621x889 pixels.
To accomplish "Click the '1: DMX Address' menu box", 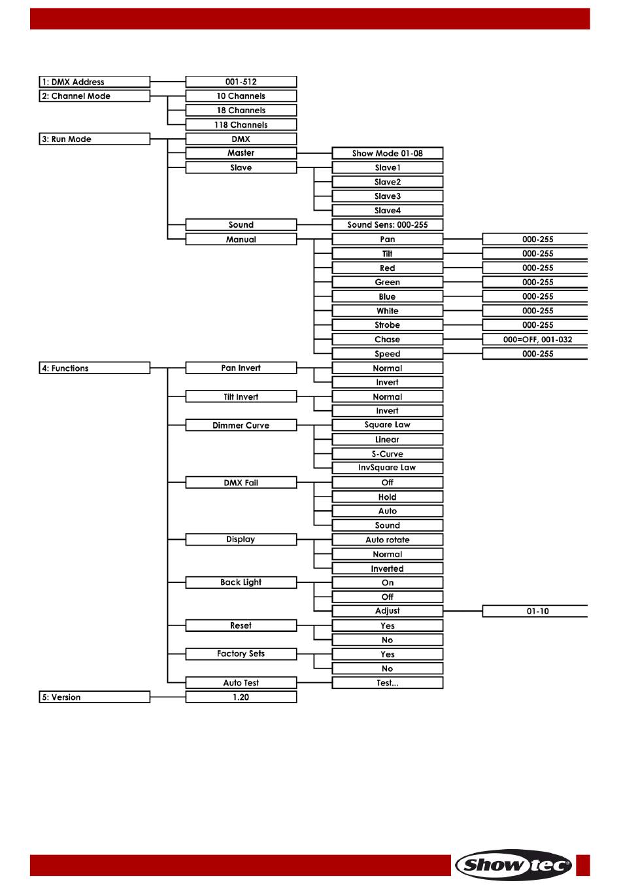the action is click(94, 82).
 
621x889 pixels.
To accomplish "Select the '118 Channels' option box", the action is click(241, 125).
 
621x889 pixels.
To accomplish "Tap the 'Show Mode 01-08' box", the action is click(388, 153).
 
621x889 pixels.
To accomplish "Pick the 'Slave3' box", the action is click(388, 196).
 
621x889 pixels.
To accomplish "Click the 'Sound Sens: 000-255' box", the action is click(388, 224).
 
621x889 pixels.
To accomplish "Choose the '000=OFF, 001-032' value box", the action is click(535, 340).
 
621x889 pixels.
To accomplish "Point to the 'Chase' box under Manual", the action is click(388, 340).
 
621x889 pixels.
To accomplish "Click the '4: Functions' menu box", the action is click(94, 368).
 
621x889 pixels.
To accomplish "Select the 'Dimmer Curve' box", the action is click(241, 425).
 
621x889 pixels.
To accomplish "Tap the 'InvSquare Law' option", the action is click(388, 468).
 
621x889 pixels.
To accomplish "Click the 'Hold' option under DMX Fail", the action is click(388, 497).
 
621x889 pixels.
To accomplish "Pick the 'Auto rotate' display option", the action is click(388, 540).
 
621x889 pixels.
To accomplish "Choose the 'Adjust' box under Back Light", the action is click(388, 611).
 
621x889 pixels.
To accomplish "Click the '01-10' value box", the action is click(535, 611).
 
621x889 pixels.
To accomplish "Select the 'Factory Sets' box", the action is click(241, 654).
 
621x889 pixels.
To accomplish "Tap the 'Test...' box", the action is click(388, 683).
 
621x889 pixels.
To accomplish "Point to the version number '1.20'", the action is click(241, 697).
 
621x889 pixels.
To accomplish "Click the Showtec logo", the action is click(514, 865).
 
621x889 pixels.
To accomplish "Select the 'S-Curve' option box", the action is click(388, 453).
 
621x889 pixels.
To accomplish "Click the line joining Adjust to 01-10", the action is click(463, 611).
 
